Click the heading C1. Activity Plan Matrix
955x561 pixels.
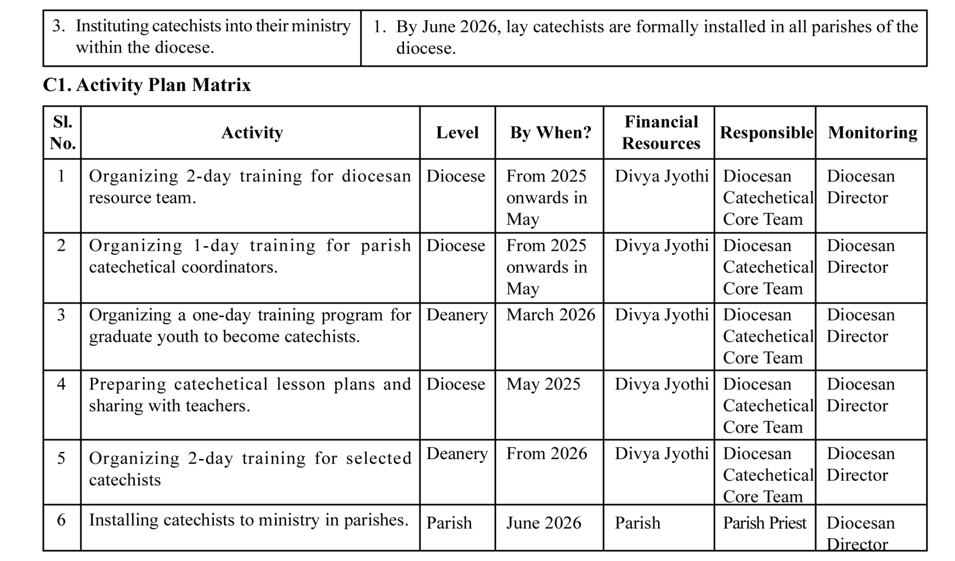pyautogui.click(x=146, y=85)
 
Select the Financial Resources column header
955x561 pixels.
pyautogui.click(x=661, y=132)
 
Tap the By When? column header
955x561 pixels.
pyautogui.click(x=551, y=132)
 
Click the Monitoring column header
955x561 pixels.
pyautogui.click(x=873, y=132)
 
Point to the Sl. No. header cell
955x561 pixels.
pyautogui.click(x=63, y=132)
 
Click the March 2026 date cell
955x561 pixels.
pyautogui.click(x=550, y=315)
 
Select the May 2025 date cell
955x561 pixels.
pyautogui.click(x=543, y=384)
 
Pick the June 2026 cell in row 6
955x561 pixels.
pyautogui.click(x=543, y=523)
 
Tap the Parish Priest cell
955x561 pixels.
pyautogui.click(x=765, y=523)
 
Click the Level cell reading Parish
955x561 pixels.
pyautogui.click(x=449, y=523)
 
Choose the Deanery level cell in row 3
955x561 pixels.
pyautogui.click(x=457, y=315)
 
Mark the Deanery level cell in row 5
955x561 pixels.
pyautogui.click(x=457, y=454)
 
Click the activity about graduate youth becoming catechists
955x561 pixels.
pyautogui.click(x=250, y=326)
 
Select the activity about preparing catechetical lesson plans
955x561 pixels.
pyautogui.click(x=250, y=395)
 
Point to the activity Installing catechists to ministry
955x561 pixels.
pyautogui.click(x=248, y=520)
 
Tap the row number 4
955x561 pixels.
pyautogui.click(x=61, y=384)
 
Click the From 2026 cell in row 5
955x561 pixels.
pyautogui.click(x=546, y=454)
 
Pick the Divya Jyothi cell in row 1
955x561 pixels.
pyautogui.click(x=661, y=176)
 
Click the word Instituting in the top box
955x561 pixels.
pyautogui.click(x=112, y=27)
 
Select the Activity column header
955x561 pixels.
pyautogui.click(x=252, y=132)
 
